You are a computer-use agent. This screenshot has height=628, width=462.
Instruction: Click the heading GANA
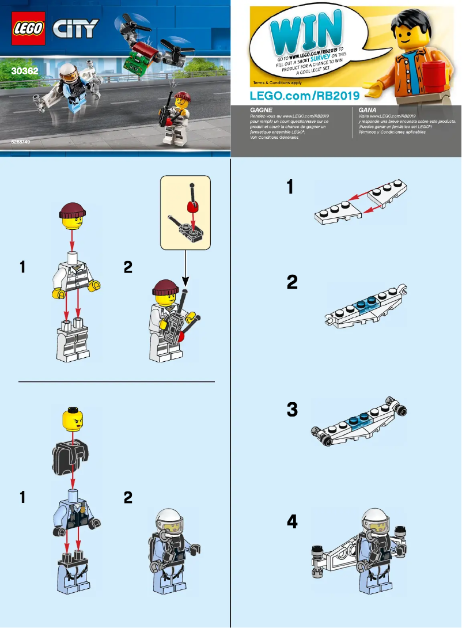pos(368,109)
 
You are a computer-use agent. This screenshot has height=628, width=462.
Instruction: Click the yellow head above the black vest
pos(72,418)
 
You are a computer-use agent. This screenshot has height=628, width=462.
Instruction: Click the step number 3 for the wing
pos(293,410)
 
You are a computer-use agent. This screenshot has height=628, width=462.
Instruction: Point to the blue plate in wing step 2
pos(363,305)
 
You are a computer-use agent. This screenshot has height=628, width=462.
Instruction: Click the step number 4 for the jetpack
pos(293,522)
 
